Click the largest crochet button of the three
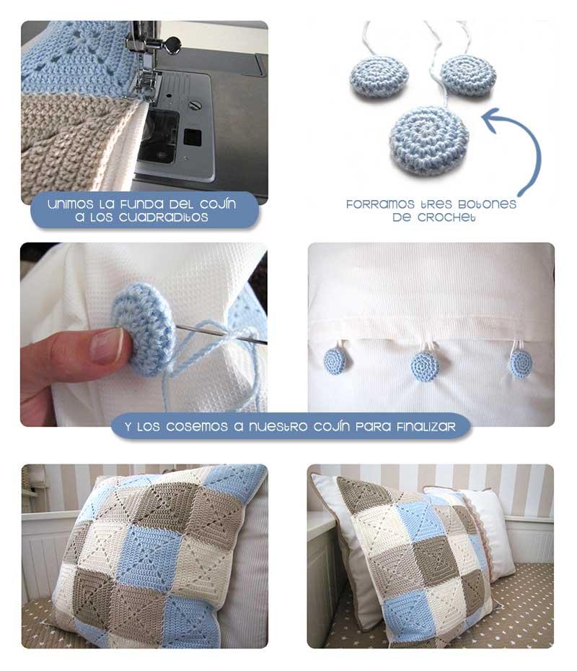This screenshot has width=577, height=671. click(428, 140)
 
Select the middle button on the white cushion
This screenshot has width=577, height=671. click(425, 366)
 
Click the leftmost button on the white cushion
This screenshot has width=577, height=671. click(334, 359)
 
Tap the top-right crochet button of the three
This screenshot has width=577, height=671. click(468, 75)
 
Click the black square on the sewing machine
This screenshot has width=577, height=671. click(193, 137)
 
